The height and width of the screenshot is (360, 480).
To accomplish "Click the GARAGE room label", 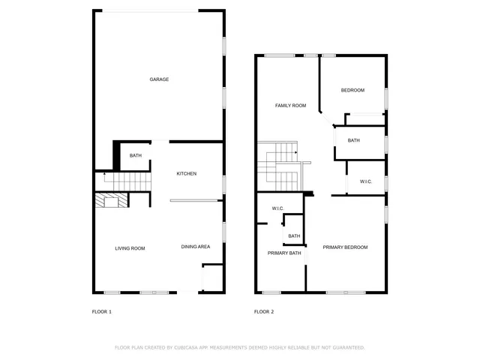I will point(158,79).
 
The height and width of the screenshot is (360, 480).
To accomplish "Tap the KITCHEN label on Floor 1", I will point(187,174).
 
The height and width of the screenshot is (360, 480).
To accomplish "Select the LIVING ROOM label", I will point(130,248).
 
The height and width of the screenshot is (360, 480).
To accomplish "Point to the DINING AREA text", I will point(196,247).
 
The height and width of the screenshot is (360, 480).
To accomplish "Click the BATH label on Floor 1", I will point(136,156).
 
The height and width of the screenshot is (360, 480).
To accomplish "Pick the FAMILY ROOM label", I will point(290,106).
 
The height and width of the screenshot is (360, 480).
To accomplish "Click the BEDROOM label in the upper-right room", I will point(352,91).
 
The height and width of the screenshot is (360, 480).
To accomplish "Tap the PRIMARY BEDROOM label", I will point(345,247).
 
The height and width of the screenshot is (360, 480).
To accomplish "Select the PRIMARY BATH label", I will point(284,253).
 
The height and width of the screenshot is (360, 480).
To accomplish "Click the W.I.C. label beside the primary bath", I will point(277,208).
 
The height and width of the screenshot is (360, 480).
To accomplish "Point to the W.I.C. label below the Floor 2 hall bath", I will point(366,181).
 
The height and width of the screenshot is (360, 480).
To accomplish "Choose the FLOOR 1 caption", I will point(101,311).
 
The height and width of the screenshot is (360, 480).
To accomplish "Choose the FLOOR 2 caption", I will point(264,311).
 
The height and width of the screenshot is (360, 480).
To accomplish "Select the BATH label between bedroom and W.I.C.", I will point(353,140).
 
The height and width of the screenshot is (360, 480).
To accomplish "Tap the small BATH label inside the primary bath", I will point(294,236).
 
